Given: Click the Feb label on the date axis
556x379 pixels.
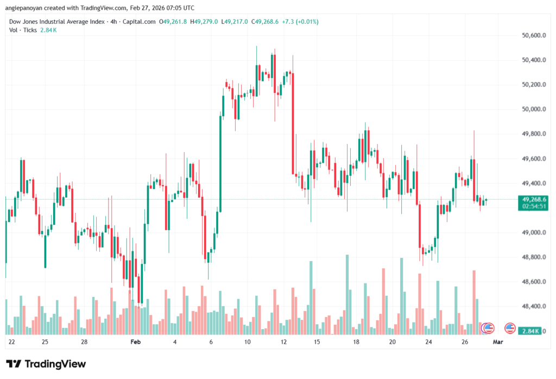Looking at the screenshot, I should [x=135, y=343].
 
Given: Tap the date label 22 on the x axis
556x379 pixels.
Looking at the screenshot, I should [x=12, y=343].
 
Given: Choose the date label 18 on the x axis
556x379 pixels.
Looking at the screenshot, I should [x=356, y=343].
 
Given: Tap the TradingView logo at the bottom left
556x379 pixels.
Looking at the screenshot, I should [x=46, y=364].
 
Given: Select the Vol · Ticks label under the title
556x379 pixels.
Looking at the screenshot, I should [x=23, y=30].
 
